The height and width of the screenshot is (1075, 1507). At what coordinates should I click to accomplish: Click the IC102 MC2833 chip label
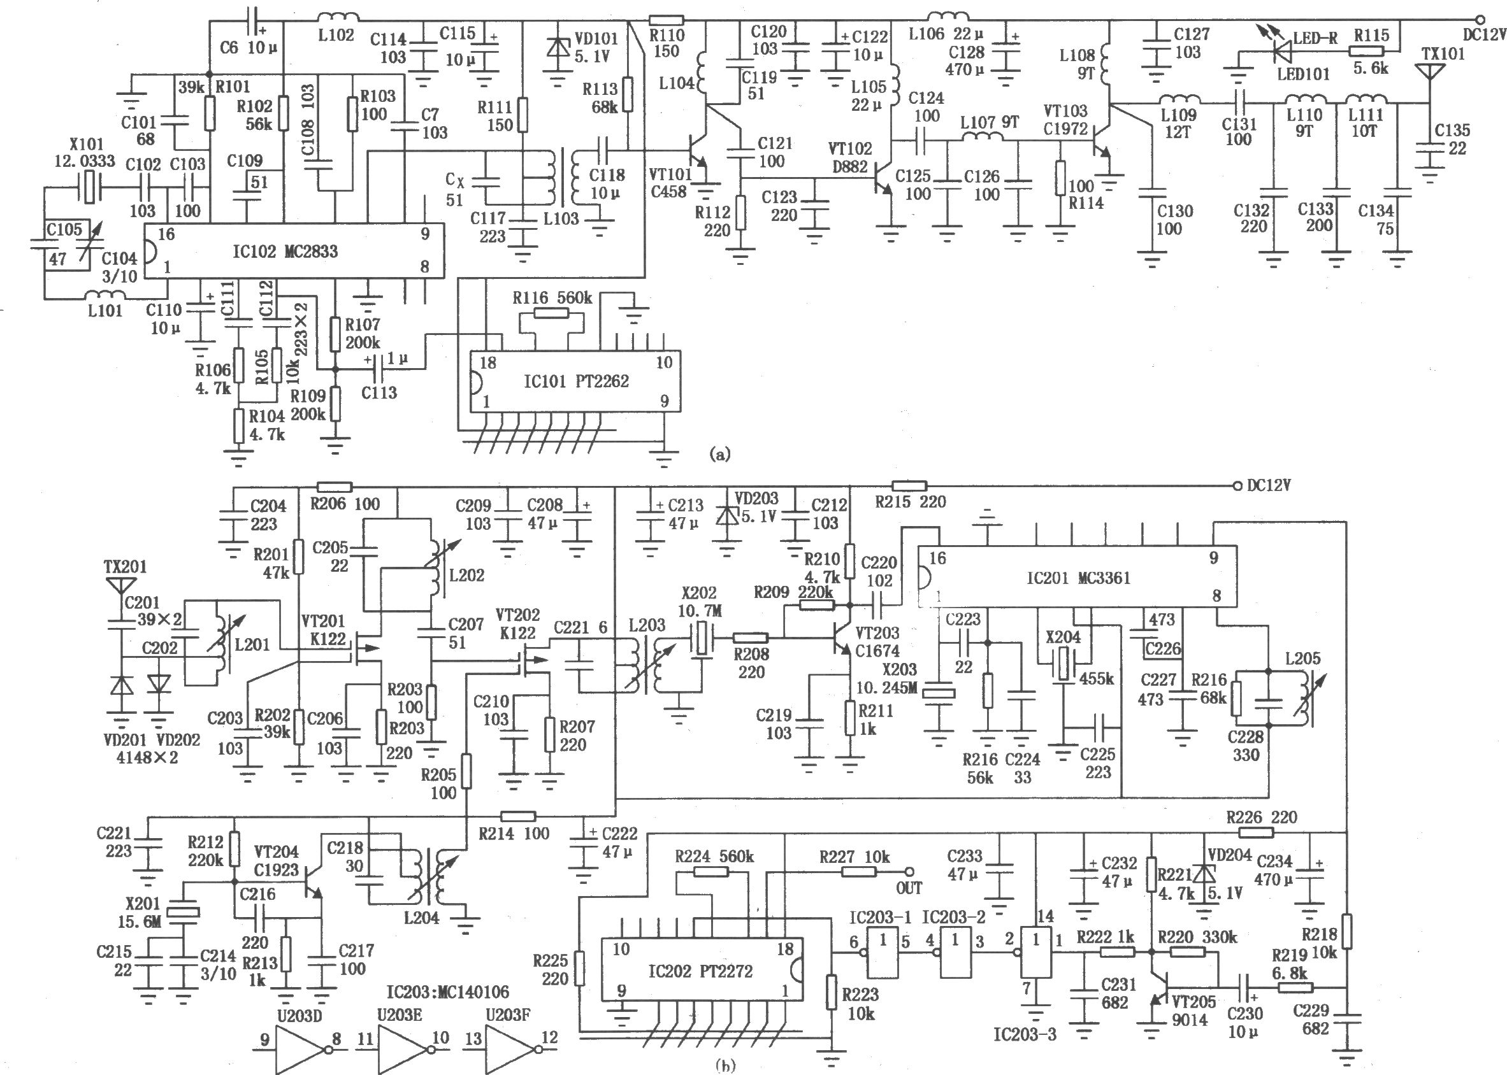coord(285,252)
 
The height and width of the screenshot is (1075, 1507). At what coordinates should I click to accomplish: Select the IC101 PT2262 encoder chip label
coord(576,381)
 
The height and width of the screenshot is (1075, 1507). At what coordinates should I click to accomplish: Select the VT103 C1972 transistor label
coord(1066,120)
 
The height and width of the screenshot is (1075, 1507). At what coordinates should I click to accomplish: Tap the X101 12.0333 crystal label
coord(84,152)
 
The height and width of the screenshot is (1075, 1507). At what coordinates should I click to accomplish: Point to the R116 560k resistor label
coord(552,298)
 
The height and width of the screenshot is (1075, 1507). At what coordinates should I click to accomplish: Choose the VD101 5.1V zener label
coord(595,48)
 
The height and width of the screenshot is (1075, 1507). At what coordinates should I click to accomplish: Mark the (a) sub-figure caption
coord(720,454)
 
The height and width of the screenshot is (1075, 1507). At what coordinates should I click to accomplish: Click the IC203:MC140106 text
coord(448,992)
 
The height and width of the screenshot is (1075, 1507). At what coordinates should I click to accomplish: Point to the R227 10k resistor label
coord(854,857)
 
